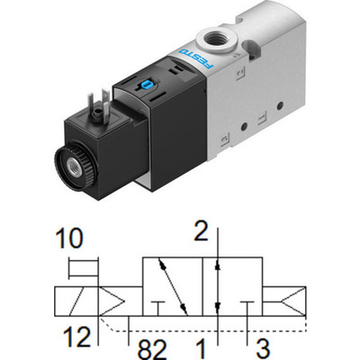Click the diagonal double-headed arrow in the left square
point(171,287)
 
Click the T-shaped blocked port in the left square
point(160,307)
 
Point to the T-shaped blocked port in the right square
point(248,307)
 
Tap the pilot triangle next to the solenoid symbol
point(112,301)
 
